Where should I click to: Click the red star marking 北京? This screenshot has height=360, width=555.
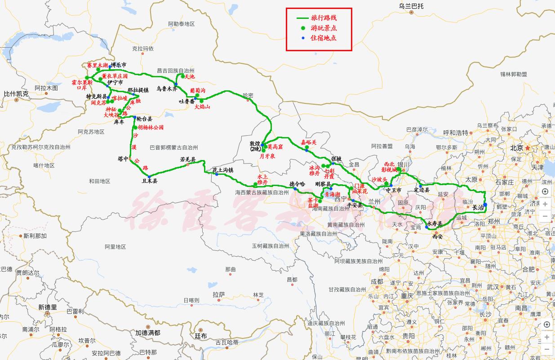528,148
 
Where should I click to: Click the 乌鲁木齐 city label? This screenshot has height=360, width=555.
167,89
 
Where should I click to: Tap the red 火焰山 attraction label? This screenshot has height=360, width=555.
203,107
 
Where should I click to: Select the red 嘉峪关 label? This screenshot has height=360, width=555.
309,142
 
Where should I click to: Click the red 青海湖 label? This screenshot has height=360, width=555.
333,195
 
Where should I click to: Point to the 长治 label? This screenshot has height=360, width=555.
478,208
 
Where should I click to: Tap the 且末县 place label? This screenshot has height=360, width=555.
150,181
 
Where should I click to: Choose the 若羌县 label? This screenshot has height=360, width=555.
188,160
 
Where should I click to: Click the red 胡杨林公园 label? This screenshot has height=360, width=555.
151,128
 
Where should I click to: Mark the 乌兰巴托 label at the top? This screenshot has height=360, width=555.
411,6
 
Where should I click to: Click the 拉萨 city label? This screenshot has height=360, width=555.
218,295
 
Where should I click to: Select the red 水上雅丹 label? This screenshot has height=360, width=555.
262,180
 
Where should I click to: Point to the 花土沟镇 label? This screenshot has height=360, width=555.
223,170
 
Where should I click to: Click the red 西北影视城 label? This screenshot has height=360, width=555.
389,167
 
